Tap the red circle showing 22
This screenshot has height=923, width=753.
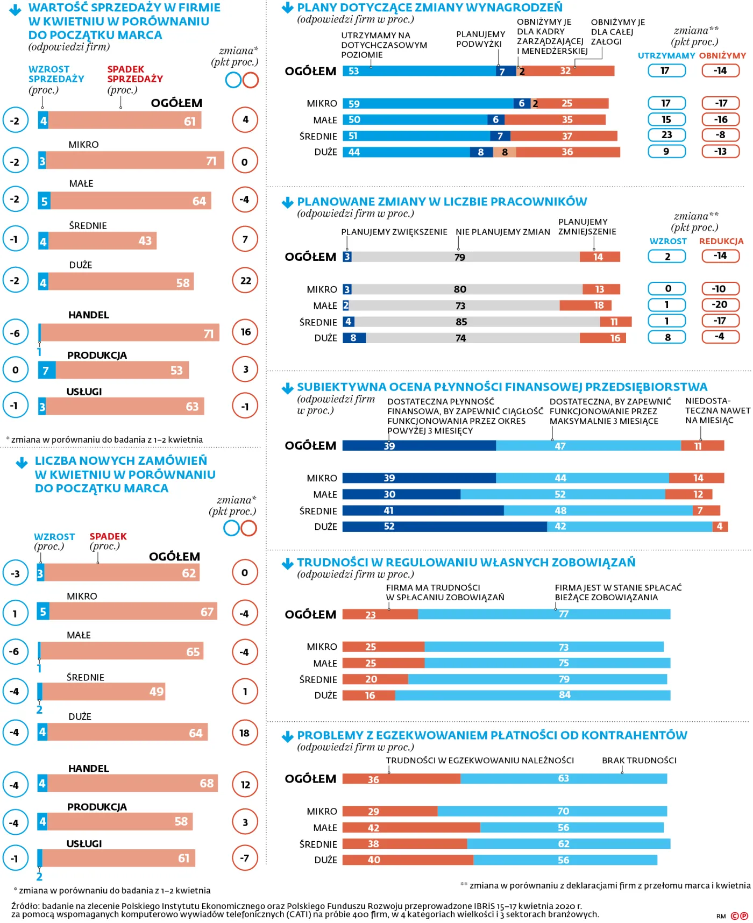[x=245, y=280]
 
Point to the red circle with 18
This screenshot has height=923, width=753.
[x=245, y=733]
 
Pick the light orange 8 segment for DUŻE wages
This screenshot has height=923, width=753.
[x=505, y=152]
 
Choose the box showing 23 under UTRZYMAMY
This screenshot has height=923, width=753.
[x=666, y=135]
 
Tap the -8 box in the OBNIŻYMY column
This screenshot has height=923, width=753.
[x=721, y=135]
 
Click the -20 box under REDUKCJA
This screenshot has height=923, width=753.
[x=720, y=304]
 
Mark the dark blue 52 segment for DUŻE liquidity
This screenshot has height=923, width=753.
[x=444, y=526]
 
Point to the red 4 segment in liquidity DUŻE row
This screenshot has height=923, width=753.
[x=720, y=526]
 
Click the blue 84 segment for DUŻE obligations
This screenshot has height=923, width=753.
[x=532, y=695]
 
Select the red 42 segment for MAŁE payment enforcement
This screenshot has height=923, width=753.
[x=411, y=827]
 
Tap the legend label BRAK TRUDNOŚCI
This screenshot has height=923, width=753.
[x=639, y=760]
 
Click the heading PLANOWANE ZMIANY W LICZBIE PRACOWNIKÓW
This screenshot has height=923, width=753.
[x=442, y=202]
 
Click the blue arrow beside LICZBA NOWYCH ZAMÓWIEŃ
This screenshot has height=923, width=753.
[x=22, y=463]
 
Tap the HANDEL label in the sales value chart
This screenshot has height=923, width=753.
[x=89, y=315]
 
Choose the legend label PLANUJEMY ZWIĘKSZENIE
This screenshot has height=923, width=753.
[x=394, y=232]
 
